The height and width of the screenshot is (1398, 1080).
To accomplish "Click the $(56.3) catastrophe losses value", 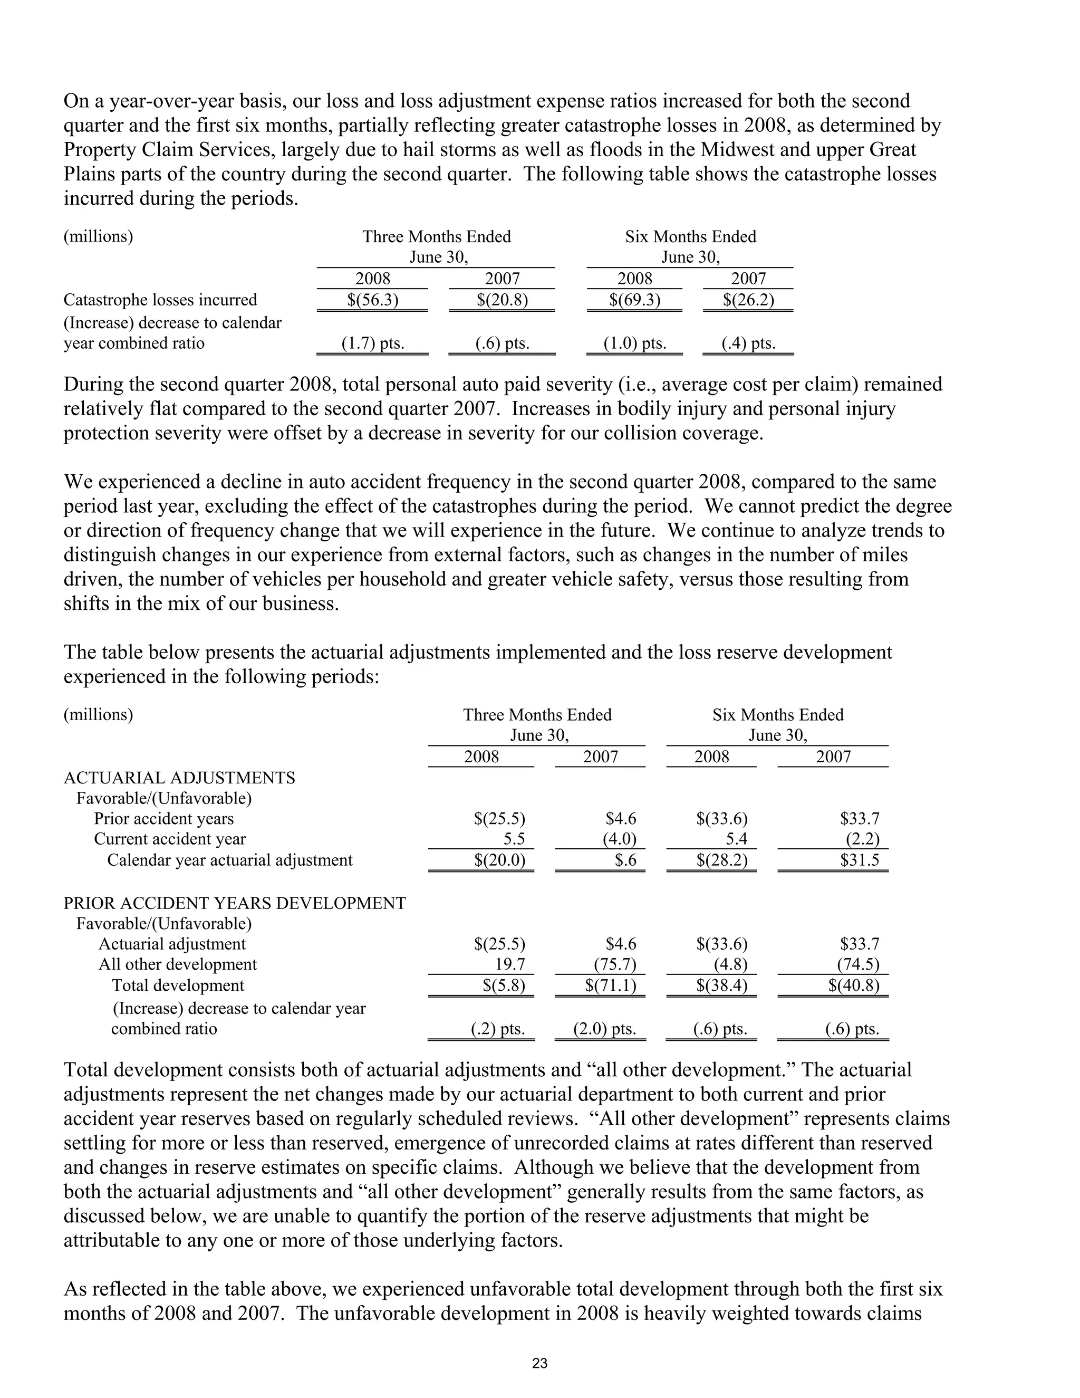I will click(x=373, y=300).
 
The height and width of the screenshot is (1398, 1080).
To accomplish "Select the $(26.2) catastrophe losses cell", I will click(x=749, y=300).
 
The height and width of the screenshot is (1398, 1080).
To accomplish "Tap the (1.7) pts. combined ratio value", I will click(x=373, y=344).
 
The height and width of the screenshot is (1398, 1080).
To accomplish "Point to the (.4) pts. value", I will click(x=749, y=344).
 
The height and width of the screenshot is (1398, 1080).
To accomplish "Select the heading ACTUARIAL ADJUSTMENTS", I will click(x=179, y=778).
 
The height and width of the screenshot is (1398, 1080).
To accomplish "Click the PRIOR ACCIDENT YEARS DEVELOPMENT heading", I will click(x=234, y=903).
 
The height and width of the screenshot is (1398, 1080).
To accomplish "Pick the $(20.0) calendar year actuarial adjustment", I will click(x=500, y=860).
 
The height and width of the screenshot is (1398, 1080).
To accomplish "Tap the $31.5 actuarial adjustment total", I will click(x=860, y=860).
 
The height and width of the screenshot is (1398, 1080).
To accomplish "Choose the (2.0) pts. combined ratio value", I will click(x=605, y=1029).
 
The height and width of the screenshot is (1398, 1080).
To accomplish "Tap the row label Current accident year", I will click(x=170, y=839).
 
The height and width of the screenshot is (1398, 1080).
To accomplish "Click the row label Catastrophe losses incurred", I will click(x=160, y=300).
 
